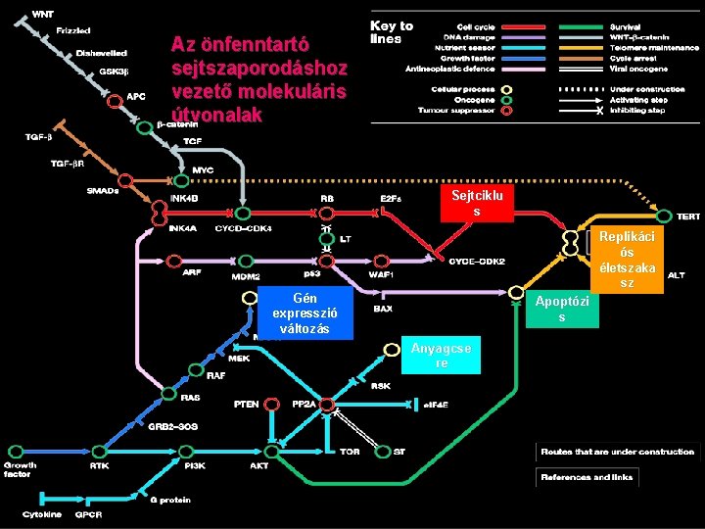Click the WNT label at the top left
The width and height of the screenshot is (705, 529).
(x=44, y=14)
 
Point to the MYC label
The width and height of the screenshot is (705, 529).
(x=203, y=169)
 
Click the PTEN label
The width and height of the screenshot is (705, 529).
(x=247, y=404)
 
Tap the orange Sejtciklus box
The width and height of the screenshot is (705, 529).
(x=476, y=204)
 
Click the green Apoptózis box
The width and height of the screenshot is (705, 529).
(x=561, y=310)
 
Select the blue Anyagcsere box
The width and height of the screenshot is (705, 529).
(x=441, y=356)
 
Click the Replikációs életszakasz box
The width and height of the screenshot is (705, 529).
(x=627, y=260)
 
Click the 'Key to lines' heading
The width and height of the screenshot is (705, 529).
(x=391, y=32)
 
